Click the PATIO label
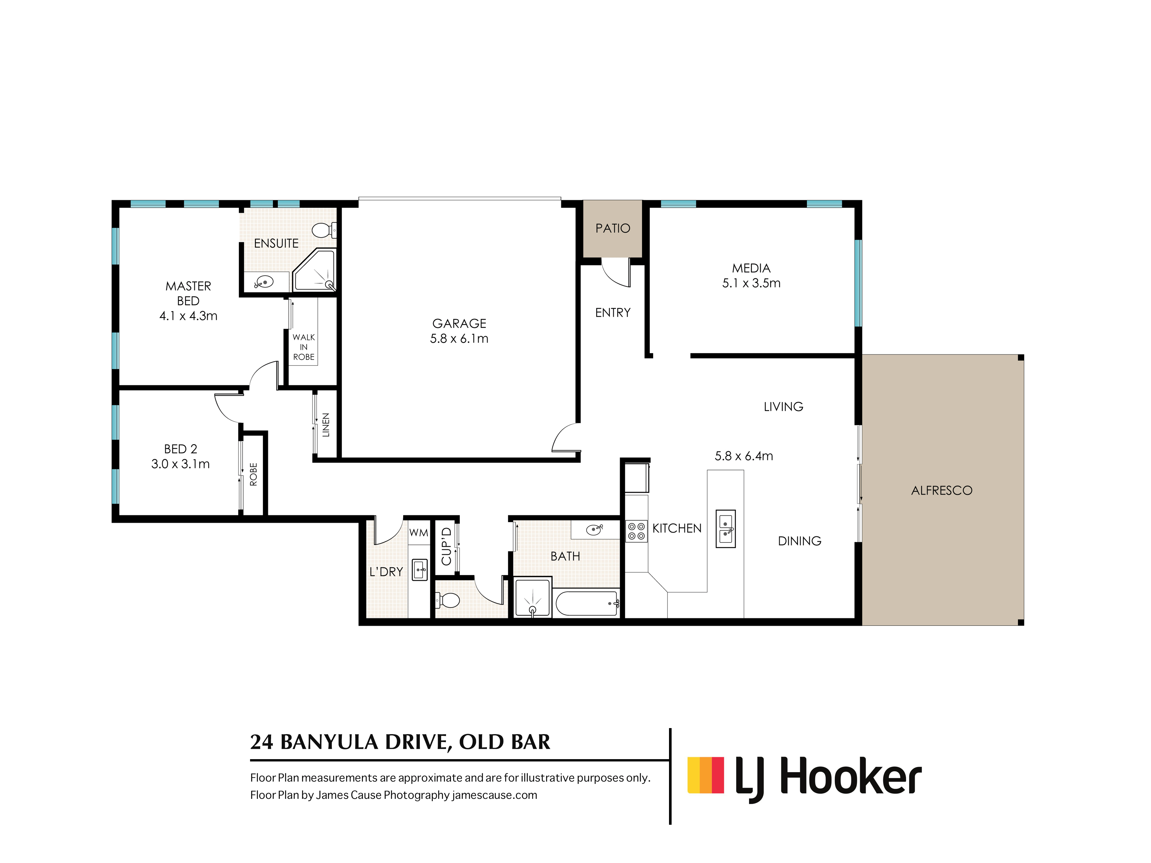click(x=612, y=228)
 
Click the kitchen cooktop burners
click(x=636, y=531)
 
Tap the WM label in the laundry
click(x=418, y=533)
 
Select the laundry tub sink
click(x=420, y=570)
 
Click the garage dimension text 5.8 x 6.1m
click(x=459, y=339)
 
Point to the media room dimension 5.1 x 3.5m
click(x=751, y=283)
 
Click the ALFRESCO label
click(x=941, y=490)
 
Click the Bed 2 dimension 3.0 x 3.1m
click(x=180, y=464)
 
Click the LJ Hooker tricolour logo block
click(x=706, y=775)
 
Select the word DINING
click(x=799, y=541)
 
